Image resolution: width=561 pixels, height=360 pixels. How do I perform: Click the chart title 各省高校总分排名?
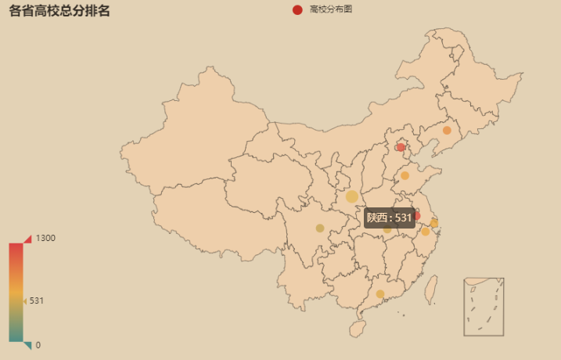click(59, 11)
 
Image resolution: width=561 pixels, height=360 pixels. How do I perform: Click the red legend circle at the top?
click(297, 9)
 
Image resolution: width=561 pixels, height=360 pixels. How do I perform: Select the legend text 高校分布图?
click(330, 9)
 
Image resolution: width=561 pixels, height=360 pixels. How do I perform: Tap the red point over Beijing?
click(401, 147)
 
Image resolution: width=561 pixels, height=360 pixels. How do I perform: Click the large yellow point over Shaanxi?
click(352, 196)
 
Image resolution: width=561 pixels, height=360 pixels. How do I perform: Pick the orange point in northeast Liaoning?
click(447, 131)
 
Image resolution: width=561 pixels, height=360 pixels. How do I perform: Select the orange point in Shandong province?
click(405, 176)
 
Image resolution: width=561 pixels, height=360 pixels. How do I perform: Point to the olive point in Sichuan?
click(320, 229)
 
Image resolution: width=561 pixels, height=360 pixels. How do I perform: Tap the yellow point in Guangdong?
click(380, 294)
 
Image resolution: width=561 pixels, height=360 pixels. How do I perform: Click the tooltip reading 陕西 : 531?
click(389, 218)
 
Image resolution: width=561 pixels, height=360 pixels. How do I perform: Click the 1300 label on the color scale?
click(45, 238)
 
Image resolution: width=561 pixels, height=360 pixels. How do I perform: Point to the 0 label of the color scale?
click(38, 344)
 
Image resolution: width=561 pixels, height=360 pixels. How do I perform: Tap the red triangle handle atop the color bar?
click(27, 239)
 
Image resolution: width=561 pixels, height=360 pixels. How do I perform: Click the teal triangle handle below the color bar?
click(27, 345)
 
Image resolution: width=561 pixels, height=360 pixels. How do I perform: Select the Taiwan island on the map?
click(430, 289)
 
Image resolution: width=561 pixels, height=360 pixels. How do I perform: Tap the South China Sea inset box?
click(484, 306)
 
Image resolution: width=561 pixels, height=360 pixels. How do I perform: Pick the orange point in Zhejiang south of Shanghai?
click(426, 232)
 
